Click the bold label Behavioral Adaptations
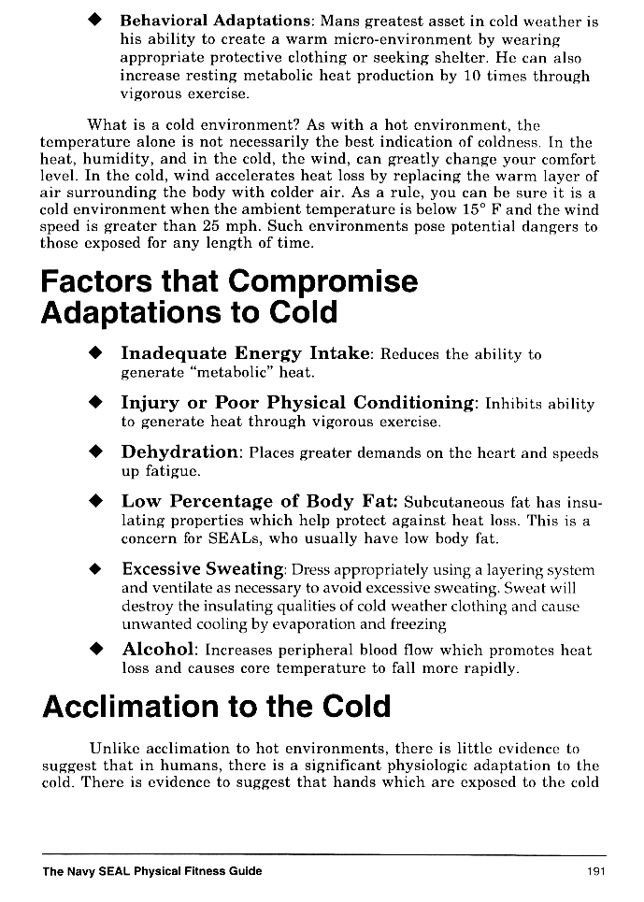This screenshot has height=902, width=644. coord(216,21)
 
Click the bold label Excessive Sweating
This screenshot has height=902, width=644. coord(203,569)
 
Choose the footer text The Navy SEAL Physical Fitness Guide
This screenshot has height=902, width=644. coord(152,871)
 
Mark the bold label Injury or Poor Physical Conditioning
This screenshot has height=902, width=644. coord(298,403)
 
